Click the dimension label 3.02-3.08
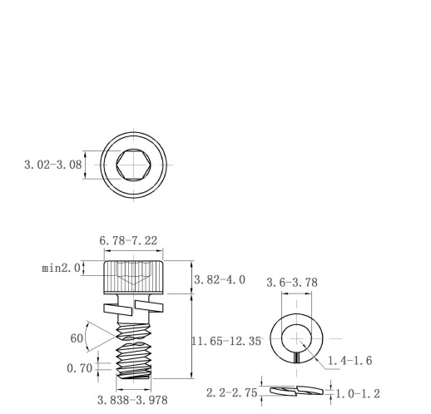pos(53,165)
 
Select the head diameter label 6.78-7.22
pos(128,240)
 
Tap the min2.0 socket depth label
pos(61,269)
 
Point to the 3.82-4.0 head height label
pos(220,280)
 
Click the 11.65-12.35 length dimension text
pos(226,341)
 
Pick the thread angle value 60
pos(77,338)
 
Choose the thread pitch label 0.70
pos(80,368)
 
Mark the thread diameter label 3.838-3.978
pos(132,400)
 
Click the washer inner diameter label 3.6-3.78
pos(292,283)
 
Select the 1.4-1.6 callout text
pos(350,361)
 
